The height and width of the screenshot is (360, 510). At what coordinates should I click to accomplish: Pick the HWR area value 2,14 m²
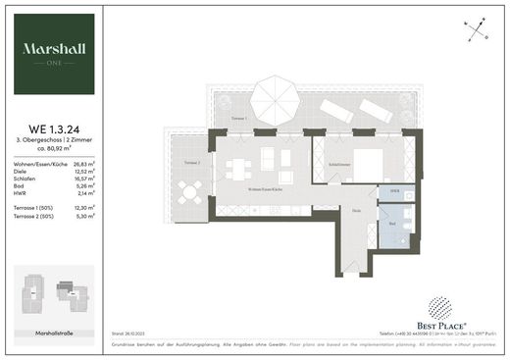click(85, 194)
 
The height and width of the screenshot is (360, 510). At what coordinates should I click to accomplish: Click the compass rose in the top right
click(477, 30)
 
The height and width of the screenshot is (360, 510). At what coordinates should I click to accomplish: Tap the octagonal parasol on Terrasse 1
click(279, 97)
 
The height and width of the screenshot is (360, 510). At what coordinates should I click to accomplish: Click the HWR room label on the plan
click(395, 190)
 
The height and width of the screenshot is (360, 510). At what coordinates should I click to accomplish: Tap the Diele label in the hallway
click(358, 210)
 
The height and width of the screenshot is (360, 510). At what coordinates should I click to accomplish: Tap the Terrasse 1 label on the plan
click(237, 117)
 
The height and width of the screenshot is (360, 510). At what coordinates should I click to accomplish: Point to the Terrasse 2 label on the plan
click(191, 162)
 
